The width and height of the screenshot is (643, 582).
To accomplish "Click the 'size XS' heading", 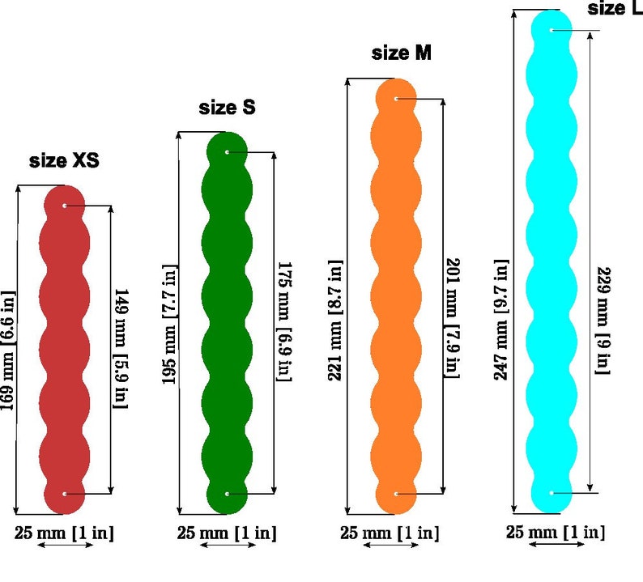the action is point(64,160).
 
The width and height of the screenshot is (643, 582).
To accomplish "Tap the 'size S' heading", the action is point(227,108).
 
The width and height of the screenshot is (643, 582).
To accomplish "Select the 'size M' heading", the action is point(401,53).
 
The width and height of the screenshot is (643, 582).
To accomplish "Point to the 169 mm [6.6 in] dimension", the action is point(8,350).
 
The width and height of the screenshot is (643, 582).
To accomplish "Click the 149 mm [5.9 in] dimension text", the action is point(121,348).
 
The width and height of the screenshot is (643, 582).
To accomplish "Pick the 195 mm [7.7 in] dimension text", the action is point(169,325).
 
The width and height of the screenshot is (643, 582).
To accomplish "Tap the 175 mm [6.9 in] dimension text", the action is point(284,321).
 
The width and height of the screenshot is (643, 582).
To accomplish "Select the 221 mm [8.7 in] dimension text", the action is point(335,320).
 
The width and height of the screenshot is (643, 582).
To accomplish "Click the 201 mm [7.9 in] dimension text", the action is point(452,317).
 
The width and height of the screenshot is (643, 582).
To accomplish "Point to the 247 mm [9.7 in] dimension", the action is point(500,320).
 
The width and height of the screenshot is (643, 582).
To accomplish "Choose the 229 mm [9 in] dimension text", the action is point(603,321).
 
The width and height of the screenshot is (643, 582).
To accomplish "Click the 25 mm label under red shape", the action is point(64,533).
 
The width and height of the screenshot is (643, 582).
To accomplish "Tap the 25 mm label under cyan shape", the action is point(556,532).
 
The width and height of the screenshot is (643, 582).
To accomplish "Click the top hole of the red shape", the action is point(65,206).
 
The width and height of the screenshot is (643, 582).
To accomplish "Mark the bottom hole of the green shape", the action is point(228,494).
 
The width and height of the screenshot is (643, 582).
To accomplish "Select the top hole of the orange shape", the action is point(396,99).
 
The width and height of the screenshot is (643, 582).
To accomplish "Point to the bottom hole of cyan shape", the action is point(551,493).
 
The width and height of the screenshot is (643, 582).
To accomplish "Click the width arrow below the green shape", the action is point(228,545).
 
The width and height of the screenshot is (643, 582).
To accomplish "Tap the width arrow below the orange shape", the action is point(391,545).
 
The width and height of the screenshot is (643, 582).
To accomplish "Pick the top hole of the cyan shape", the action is point(551,30).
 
